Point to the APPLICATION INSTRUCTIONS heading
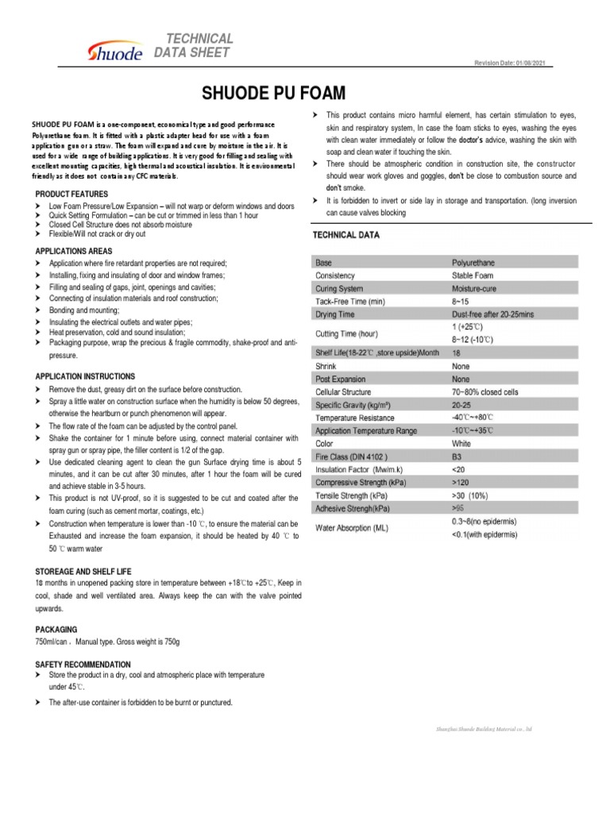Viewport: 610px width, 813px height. pyautogui.click(x=86, y=376)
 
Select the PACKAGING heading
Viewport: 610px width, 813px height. pyautogui.click(x=56, y=629)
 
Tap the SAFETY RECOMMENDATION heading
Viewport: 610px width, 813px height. pyautogui.click(x=83, y=664)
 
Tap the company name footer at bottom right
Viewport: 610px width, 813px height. pyautogui.click(x=484, y=728)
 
